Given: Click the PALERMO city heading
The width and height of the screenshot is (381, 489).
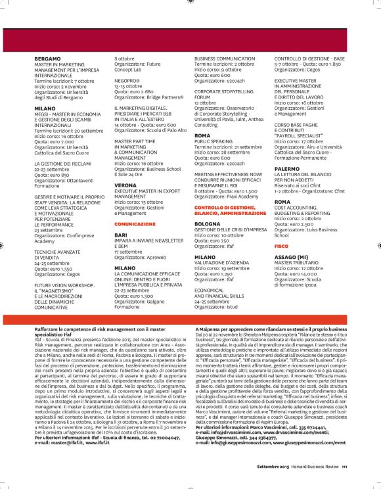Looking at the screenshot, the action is (288, 168).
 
